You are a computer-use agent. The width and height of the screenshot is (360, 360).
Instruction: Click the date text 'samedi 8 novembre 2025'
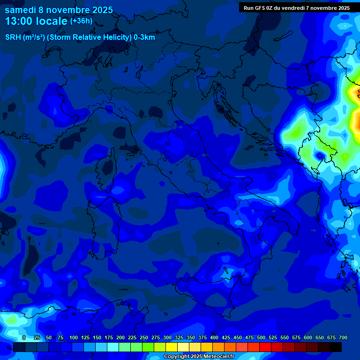coord(59,9)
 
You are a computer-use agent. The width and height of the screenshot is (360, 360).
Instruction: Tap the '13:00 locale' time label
coord(36,21)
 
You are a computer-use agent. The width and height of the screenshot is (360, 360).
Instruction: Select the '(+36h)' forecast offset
coord(81,21)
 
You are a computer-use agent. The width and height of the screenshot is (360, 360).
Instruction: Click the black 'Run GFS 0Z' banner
coord(297,7)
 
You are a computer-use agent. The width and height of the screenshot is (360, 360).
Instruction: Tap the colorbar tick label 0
coord(24,337)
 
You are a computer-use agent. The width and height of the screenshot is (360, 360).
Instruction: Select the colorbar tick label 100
coord(74,337)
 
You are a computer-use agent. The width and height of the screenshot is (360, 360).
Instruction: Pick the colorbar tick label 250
coord(144,337)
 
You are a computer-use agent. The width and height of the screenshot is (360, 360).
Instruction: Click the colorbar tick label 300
coord(167,337)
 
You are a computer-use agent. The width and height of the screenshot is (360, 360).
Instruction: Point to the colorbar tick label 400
coord(214,337)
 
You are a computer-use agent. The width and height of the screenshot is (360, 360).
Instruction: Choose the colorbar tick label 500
coord(261,337)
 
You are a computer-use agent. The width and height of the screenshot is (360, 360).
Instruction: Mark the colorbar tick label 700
coord(343,337)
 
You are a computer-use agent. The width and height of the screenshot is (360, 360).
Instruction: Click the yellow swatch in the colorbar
coord(172,347)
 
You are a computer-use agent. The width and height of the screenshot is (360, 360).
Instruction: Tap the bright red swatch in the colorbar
coord(265,347)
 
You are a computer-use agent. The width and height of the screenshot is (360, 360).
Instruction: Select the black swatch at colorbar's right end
coord(336,347)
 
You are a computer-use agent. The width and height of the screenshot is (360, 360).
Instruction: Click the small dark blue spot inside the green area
coord(321,155)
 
